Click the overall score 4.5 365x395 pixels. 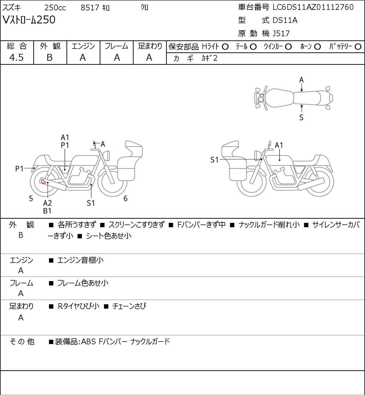pyautogui.click(x=17, y=58)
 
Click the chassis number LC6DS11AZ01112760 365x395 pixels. pyautogui.click(x=313, y=7)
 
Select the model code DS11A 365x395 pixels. pyautogui.click(x=285, y=20)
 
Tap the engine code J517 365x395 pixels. pyautogui.click(x=281, y=34)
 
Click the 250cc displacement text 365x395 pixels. pyautogui.click(x=55, y=8)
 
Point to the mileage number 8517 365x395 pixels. pyautogui.click(x=90, y=8)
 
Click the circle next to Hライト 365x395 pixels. pyautogui.click(x=225, y=47)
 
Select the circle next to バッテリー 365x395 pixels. pyautogui.click(x=358, y=47)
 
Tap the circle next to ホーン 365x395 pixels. pyautogui.click(x=317, y=47)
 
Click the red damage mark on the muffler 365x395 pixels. pyautogui.click(x=42, y=181)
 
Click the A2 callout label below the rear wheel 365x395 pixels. pyautogui.click(x=48, y=203)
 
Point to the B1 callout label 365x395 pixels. pyautogui.click(x=47, y=211)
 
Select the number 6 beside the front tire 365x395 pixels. pyautogui.click(x=125, y=198)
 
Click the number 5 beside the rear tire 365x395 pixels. pyautogui.click(x=31, y=198)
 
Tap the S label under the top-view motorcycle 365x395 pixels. pyautogui.click(x=301, y=117)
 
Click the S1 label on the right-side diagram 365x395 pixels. pyautogui.click(x=214, y=160)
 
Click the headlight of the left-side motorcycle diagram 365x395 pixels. pyautogui.click(x=106, y=156)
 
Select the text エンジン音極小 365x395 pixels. pyautogui.click(x=80, y=260)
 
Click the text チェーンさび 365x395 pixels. pyautogui.click(x=129, y=306)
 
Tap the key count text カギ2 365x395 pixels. pyautogui.click(x=210, y=58)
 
